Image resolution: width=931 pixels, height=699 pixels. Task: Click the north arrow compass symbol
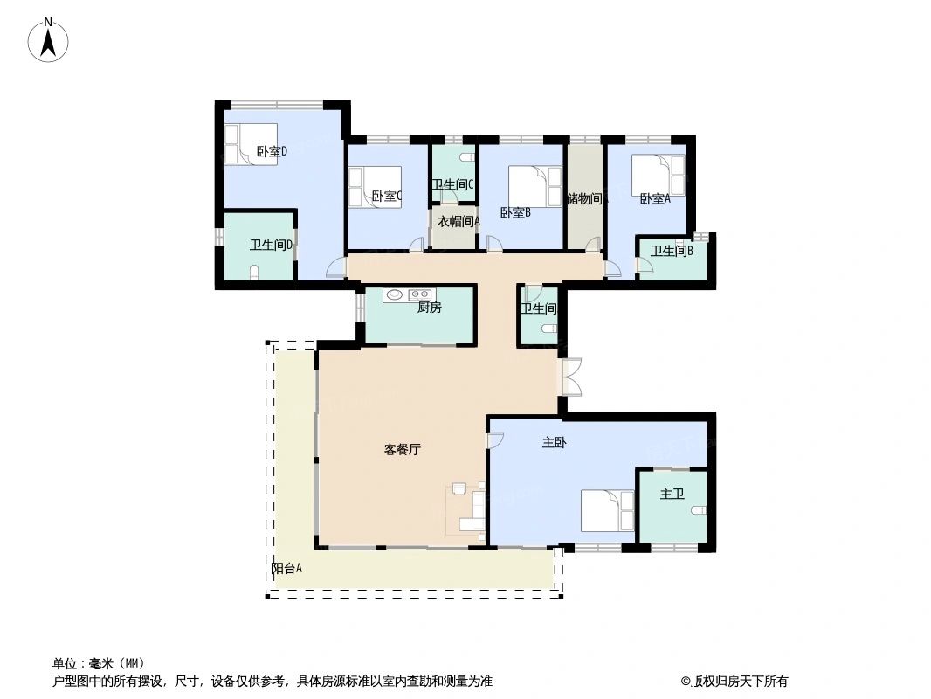49,40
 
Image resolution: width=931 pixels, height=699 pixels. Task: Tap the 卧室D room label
272,151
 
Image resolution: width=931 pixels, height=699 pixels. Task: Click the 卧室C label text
386,197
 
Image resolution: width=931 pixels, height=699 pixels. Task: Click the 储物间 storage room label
584,198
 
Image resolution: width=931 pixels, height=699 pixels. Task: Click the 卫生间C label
452,184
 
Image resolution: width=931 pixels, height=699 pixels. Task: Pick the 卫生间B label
672,251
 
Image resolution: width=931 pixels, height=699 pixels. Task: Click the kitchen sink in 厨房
395,295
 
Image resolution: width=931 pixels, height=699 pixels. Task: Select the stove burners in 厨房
421,295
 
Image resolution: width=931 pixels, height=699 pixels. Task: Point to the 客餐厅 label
403,450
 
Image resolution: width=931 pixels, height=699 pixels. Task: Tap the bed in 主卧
608,510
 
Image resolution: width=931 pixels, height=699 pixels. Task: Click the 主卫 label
671,494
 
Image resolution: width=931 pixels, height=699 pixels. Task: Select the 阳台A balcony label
286,568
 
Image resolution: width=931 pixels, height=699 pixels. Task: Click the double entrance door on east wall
570,377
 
